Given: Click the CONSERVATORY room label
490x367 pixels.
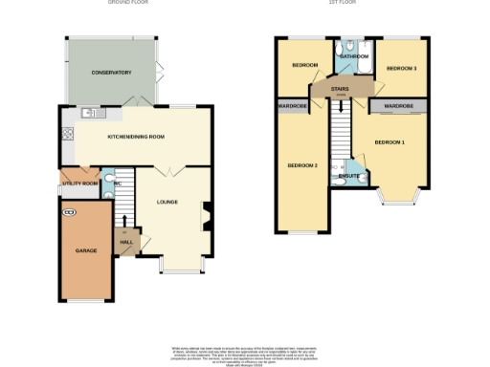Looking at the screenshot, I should [111, 73].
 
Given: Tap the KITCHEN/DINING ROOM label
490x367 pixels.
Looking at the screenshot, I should [136, 137].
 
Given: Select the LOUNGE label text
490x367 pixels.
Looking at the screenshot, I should [168, 202].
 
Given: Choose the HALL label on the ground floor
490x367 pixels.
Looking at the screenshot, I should [126, 242].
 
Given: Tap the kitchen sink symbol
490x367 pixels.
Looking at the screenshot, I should [91, 113].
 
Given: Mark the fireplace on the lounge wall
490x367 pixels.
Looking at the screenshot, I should [204, 215].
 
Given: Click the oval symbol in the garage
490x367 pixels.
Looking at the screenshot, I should [68, 211].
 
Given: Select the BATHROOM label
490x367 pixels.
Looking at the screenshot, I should [355, 56].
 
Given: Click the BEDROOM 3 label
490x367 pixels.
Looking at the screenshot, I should [401, 69].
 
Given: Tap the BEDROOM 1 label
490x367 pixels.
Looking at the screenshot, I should [390, 141].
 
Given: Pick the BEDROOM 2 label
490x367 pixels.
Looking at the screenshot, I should [301, 165].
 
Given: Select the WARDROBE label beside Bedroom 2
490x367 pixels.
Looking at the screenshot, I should [293, 105].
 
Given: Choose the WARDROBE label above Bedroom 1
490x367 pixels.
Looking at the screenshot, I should [398, 105].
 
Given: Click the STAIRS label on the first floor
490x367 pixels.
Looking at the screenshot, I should [339, 90].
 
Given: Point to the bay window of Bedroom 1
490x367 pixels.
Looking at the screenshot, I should [394, 198].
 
